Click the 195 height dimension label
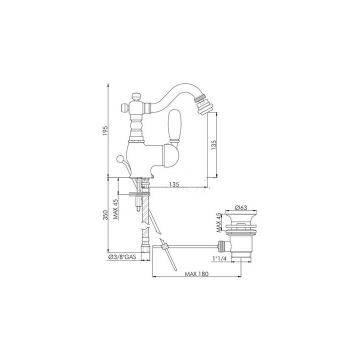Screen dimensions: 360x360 (x=105, y=130)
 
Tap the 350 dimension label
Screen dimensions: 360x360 (x=105, y=215)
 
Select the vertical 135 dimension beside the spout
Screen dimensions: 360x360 (x=213, y=145)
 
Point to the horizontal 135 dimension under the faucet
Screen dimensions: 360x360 (x=174, y=184)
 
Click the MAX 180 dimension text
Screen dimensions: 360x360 (x=197, y=274)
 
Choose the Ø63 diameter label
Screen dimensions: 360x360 (x=241, y=207)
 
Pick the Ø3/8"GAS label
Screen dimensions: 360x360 (x=121, y=257)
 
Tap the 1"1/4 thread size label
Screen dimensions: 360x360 (x=219, y=258)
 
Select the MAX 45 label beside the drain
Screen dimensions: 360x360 (x=219, y=222)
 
